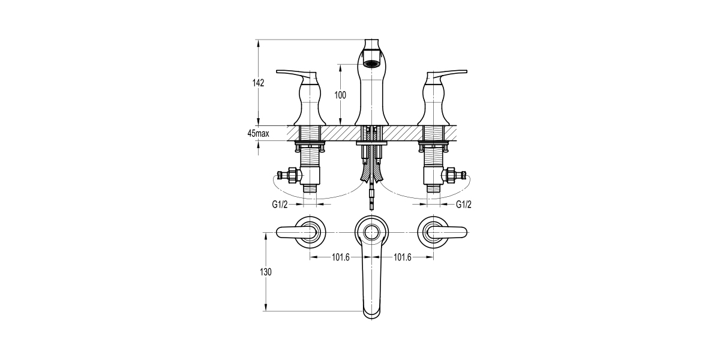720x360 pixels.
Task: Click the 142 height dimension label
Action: [258, 83]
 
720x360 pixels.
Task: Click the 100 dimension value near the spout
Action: [340, 95]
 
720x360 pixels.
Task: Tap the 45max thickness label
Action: [257, 134]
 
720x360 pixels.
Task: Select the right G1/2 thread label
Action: [464, 205]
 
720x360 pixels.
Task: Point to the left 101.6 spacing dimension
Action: [340, 257]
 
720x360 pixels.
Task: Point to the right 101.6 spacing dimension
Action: [403, 257]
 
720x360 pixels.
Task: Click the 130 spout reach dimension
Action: [266, 272]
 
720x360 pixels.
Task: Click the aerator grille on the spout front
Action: [372, 63]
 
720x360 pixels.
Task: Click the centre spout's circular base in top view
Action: [371, 230]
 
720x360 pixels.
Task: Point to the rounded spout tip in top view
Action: [372, 311]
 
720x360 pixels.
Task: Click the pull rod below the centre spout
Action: [372, 195]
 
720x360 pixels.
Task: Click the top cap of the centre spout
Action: [372, 44]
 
